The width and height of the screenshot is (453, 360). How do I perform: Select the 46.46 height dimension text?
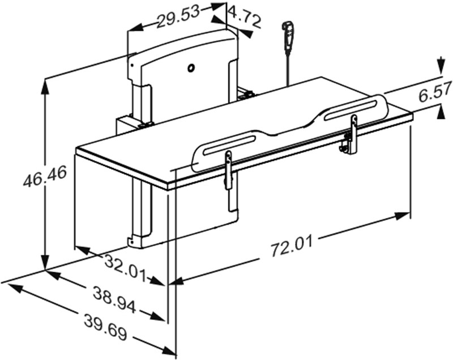pos(45,177)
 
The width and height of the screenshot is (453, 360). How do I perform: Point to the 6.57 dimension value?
pos(435,92)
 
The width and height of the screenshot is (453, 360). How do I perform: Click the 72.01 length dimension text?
pos(292,247)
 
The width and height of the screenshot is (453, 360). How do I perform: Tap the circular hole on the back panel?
pos(191,68)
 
